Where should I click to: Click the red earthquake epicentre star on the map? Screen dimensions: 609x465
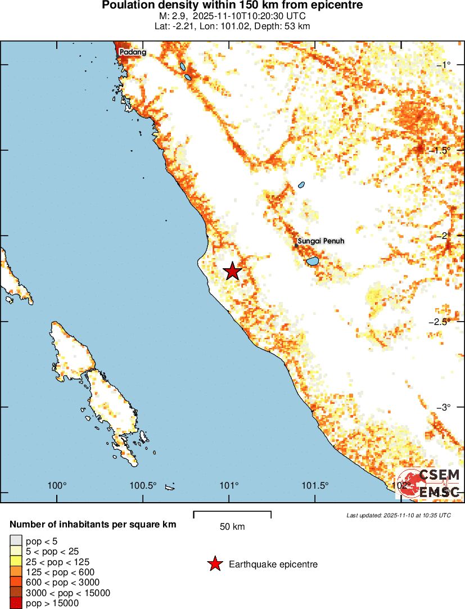[233, 271]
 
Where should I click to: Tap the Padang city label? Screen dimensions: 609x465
[133, 52]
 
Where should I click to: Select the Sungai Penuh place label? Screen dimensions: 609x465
[320, 241]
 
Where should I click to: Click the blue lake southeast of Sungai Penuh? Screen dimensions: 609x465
[312, 261]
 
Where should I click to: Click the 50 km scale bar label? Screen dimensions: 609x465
[232, 527]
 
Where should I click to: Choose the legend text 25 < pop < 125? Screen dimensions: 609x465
[57, 562]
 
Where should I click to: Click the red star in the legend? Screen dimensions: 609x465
[214, 564]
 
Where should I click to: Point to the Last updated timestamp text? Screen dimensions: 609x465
[399, 515]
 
